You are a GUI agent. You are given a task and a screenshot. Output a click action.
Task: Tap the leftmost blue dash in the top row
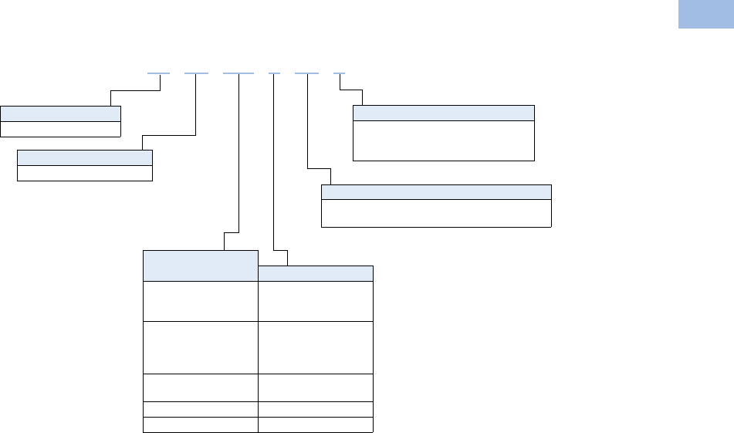tap(158, 73)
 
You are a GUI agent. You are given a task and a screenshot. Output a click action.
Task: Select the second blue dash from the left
tap(196, 73)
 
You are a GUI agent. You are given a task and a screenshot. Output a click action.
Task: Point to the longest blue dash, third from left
tap(238, 73)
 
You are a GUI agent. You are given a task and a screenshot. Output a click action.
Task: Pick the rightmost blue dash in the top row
tap(339, 73)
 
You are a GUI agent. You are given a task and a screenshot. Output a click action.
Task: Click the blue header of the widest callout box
tap(436, 192)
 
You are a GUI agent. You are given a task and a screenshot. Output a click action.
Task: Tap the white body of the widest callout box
tap(436, 213)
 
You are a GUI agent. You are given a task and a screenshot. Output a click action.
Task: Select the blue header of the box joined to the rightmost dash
tap(444, 113)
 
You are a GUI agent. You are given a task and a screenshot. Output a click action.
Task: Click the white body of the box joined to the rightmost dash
tap(444, 140)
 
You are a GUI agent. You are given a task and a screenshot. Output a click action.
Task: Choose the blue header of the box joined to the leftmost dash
tap(61, 113)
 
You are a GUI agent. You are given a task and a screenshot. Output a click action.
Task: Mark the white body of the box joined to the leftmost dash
tap(61, 128)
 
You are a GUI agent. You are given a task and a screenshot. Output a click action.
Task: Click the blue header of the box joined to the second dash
tap(85, 157)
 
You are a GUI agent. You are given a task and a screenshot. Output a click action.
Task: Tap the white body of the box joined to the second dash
tap(85, 173)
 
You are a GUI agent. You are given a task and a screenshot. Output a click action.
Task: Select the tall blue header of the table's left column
tap(200, 265)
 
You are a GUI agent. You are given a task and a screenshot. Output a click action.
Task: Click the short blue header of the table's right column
tap(316, 272)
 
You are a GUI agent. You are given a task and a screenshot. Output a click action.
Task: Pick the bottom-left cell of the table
tap(200, 425)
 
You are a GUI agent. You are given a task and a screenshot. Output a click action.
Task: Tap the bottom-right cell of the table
tap(316, 425)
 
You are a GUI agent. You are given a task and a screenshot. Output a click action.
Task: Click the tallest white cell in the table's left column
tap(200, 347)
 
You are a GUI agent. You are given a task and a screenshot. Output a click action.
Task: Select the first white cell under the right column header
tap(316, 301)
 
